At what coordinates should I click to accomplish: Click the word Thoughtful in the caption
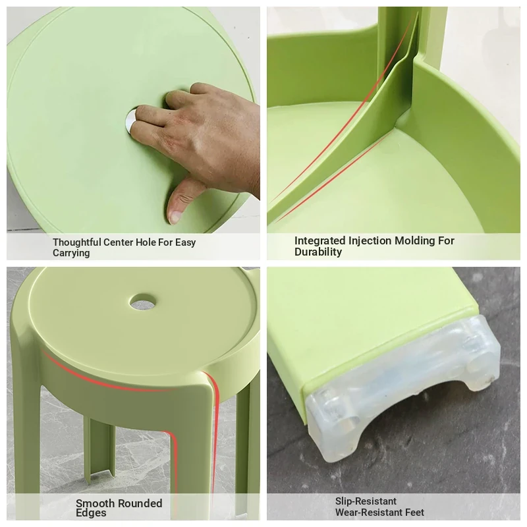point(77,242)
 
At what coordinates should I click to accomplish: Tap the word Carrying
point(71,253)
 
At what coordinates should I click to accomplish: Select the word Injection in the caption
point(370,240)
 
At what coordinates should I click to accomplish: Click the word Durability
point(318,252)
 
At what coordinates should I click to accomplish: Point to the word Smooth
point(96,503)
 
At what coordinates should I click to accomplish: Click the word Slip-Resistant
point(366,501)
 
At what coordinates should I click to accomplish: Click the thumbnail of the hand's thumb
point(175,217)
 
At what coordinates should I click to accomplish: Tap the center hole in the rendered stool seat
point(144,302)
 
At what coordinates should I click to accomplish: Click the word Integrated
point(319,240)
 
